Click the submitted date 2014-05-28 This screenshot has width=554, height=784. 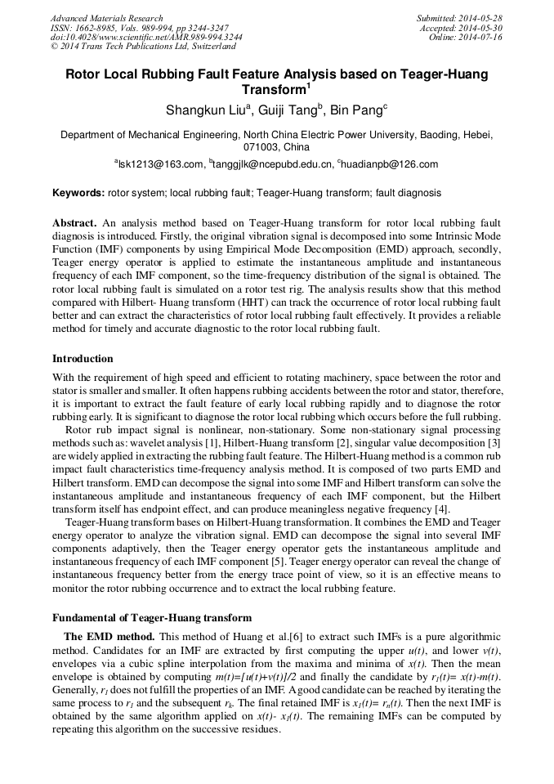pyautogui.click(x=480, y=18)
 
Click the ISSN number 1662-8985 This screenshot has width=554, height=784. pyautogui.click(x=98, y=28)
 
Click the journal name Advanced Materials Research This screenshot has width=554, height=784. pyautogui.click(x=106, y=18)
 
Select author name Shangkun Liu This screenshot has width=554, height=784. pyautogui.click(x=203, y=110)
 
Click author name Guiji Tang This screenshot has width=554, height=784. pyautogui.click(x=290, y=110)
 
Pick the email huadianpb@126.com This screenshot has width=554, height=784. pyautogui.click(x=389, y=164)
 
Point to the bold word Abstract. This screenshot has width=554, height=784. pyautogui.click(x=74, y=222)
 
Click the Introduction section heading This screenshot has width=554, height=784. pyautogui.click(x=83, y=358)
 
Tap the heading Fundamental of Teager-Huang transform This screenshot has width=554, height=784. pyautogui.click(x=152, y=617)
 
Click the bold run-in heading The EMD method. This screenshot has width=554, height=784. pyautogui.click(x=109, y=636)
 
